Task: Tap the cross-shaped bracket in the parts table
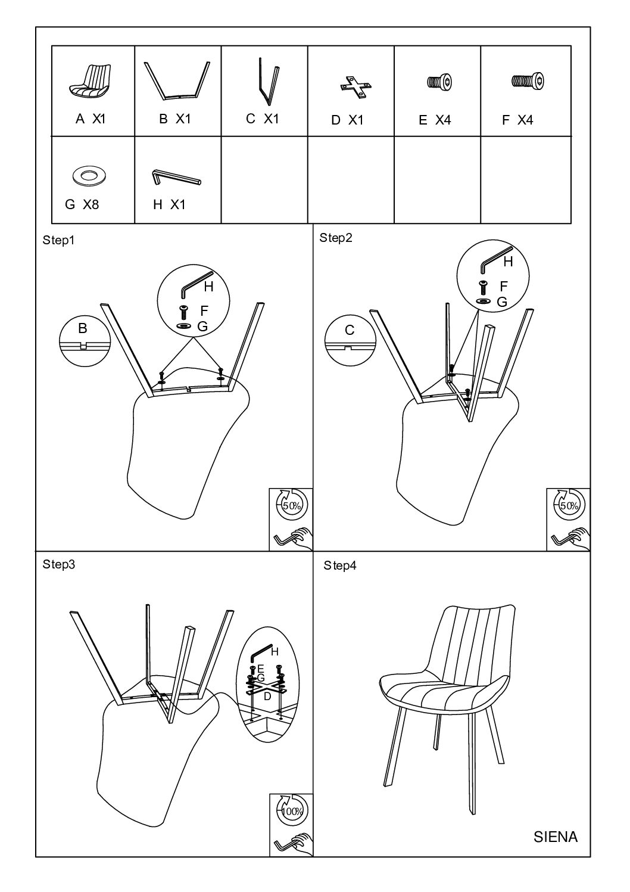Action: pos(356,87)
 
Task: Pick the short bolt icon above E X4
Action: pos(439,82)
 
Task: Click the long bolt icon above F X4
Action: pos(528,81)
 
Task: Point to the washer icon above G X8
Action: pos(89,175)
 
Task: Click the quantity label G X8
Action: pos(82,204)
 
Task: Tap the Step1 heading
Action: pos(58,240)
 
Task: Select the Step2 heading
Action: pos(336,238)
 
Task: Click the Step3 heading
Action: pos(59,564)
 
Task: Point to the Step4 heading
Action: pos(340,565)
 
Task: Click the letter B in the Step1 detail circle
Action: pos(83,328)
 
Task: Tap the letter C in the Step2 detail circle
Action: pos(350,330)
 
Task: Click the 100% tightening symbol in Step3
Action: pos(292,811)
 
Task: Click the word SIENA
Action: pos(556,837)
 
